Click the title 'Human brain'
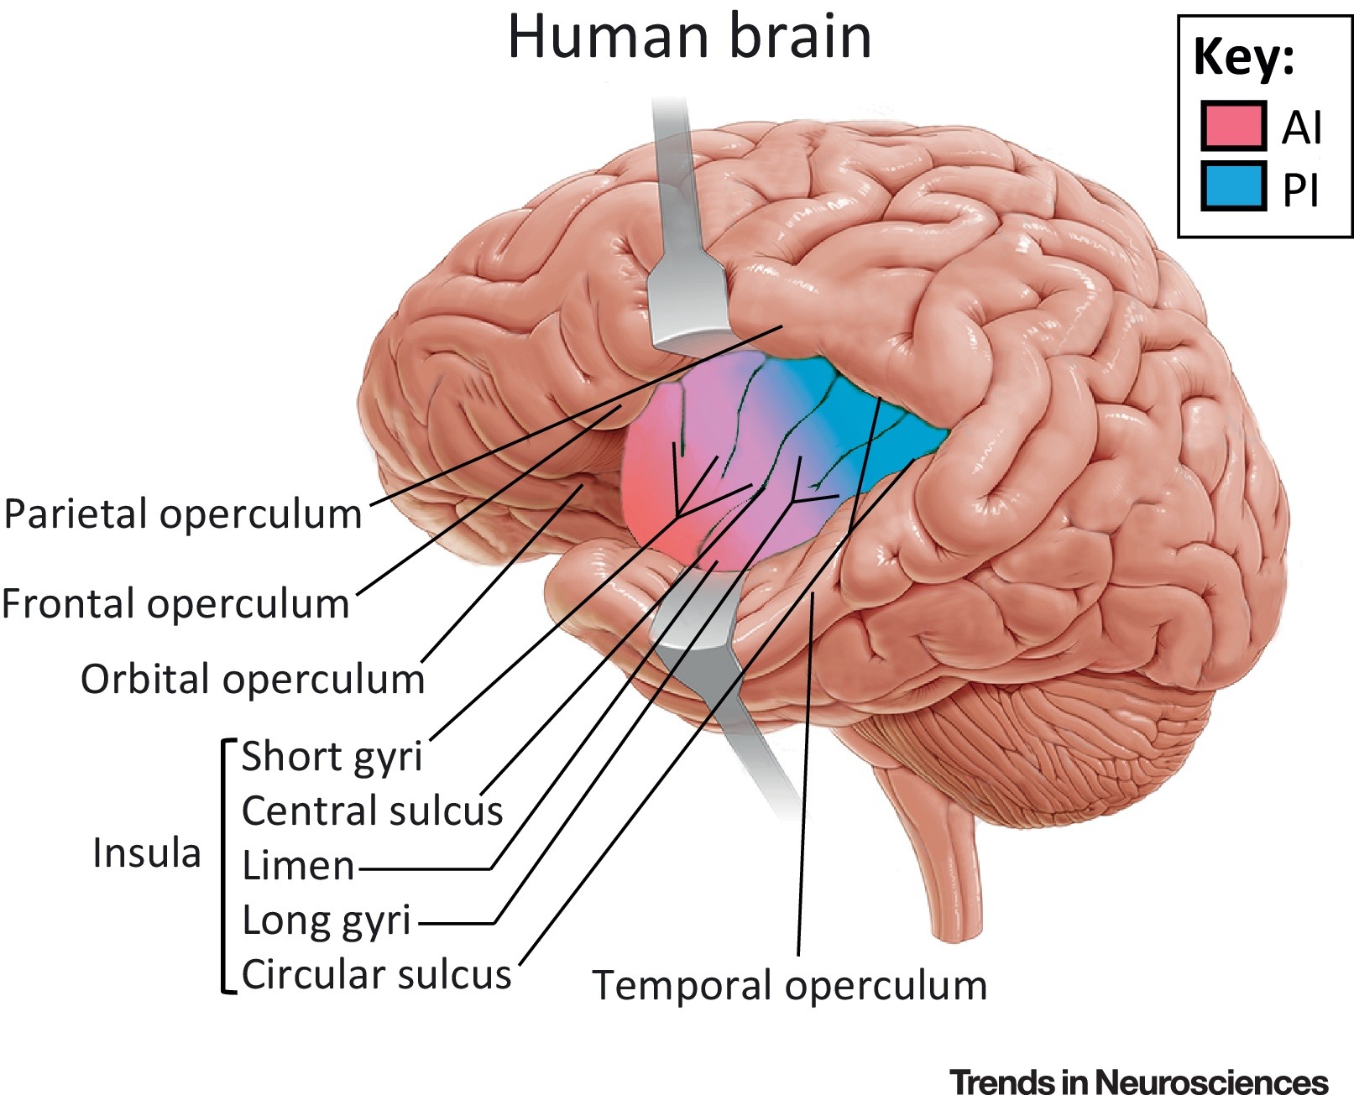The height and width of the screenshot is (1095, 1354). pyautogui.click(x=689, y=38)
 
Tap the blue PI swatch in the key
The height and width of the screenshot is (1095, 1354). pyautogui.click(x=1232, y=187)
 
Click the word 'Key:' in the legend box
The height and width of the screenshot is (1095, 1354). pyautogui.click(x=1243, y=57)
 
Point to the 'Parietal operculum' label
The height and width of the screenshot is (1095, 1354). pyautogui.click(x=183, y=514)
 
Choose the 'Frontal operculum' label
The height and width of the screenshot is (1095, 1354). pyautogui.click(x=175, y=604)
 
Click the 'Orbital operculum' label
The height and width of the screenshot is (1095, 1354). pyautogui.click(x=253, y=680)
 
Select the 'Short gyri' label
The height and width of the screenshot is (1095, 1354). pyautogui.click(x=332, y=757)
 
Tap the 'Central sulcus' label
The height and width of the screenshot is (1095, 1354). pyautogui.click(x=372, y=811)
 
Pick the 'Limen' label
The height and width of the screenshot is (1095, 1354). pyautogui.click(x=298, y=866)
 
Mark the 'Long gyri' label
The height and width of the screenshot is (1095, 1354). pyautogui.click(x=327, y=921)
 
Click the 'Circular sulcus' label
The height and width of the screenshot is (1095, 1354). pyautogui.click(x=376, y=975)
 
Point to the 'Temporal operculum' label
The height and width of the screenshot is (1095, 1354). pyautogui.click(x=789, y=986)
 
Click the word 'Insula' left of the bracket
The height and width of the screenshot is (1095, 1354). pyautogui.click(x=147, y=853)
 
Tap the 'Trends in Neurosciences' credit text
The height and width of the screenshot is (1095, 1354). pyautogui.click(x=1139, y=1082)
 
